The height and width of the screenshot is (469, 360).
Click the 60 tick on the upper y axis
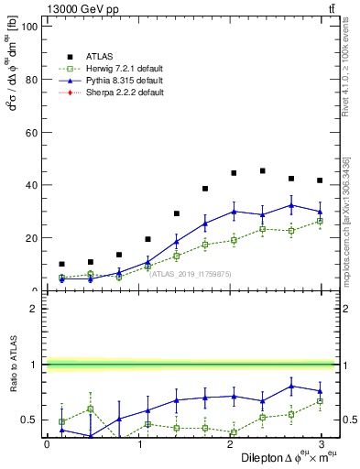coord(31,132)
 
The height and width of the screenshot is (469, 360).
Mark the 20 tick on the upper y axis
coord(31,237)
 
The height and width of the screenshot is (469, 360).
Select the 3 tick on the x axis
coord(321,445)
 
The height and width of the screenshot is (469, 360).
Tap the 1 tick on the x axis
coord(139,445)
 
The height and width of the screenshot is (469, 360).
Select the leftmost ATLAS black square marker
coord(61,264)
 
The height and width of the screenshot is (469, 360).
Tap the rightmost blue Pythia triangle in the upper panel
coord(320,212)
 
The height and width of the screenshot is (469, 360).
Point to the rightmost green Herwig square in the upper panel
coord(320,221)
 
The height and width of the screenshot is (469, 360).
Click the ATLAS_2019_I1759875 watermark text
coord(189,273)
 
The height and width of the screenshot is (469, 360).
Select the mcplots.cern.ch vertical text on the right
coord(346,220)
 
